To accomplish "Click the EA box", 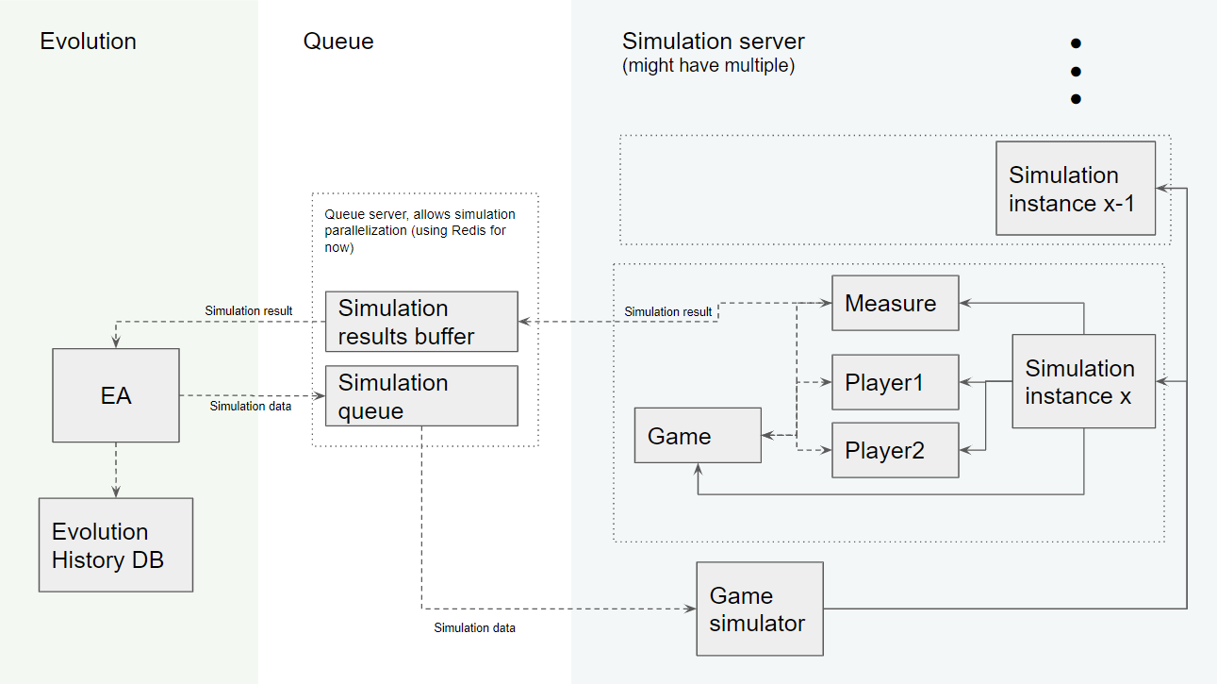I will click(116, 395).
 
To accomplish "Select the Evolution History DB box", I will click(116, 545).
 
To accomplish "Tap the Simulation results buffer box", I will click(421, 322).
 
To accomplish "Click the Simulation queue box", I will click(421, 395).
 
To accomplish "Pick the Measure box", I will click(895, 303).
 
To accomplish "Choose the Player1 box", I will click(895, 382).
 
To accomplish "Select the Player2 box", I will click(895, 450).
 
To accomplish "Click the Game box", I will click(698, 436).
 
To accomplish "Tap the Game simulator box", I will click(759, 609).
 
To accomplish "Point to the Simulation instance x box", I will click(1083, 381).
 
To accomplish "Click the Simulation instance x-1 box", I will click(1076, 189).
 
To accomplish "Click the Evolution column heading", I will click(88, 42).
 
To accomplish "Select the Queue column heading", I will click(338, 42).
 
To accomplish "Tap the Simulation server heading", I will click(714, 42).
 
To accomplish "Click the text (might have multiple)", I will click(708, 67).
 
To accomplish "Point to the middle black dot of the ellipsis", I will click(1075, 71).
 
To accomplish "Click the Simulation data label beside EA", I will click(251, 407).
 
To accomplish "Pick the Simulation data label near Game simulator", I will click(474, 627).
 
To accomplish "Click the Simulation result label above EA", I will click(249, 310).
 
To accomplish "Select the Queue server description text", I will click(419, 231).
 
